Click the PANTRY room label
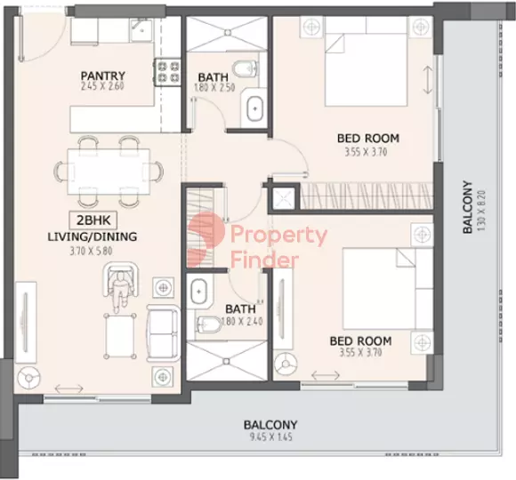(103, 76)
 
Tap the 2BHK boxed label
(93, 220)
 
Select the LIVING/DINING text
(93, 236)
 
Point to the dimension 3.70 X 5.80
(91, 252)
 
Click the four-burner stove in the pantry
(168, 72)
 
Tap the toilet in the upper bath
(245, 68)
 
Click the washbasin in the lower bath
(198, 292)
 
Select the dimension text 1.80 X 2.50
(214, 88)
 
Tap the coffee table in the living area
(120, 336)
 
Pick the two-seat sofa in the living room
(163, 333)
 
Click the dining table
(109, 172)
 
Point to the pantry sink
(141, 30)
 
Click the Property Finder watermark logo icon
(206, 240)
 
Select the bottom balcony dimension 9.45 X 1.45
(270, 437)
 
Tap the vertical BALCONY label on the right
(468, 207)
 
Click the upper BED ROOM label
(368, 138)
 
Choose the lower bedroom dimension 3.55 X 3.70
(360, 352)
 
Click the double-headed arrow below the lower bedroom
(326, 375)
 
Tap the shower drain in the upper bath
(228, 32)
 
